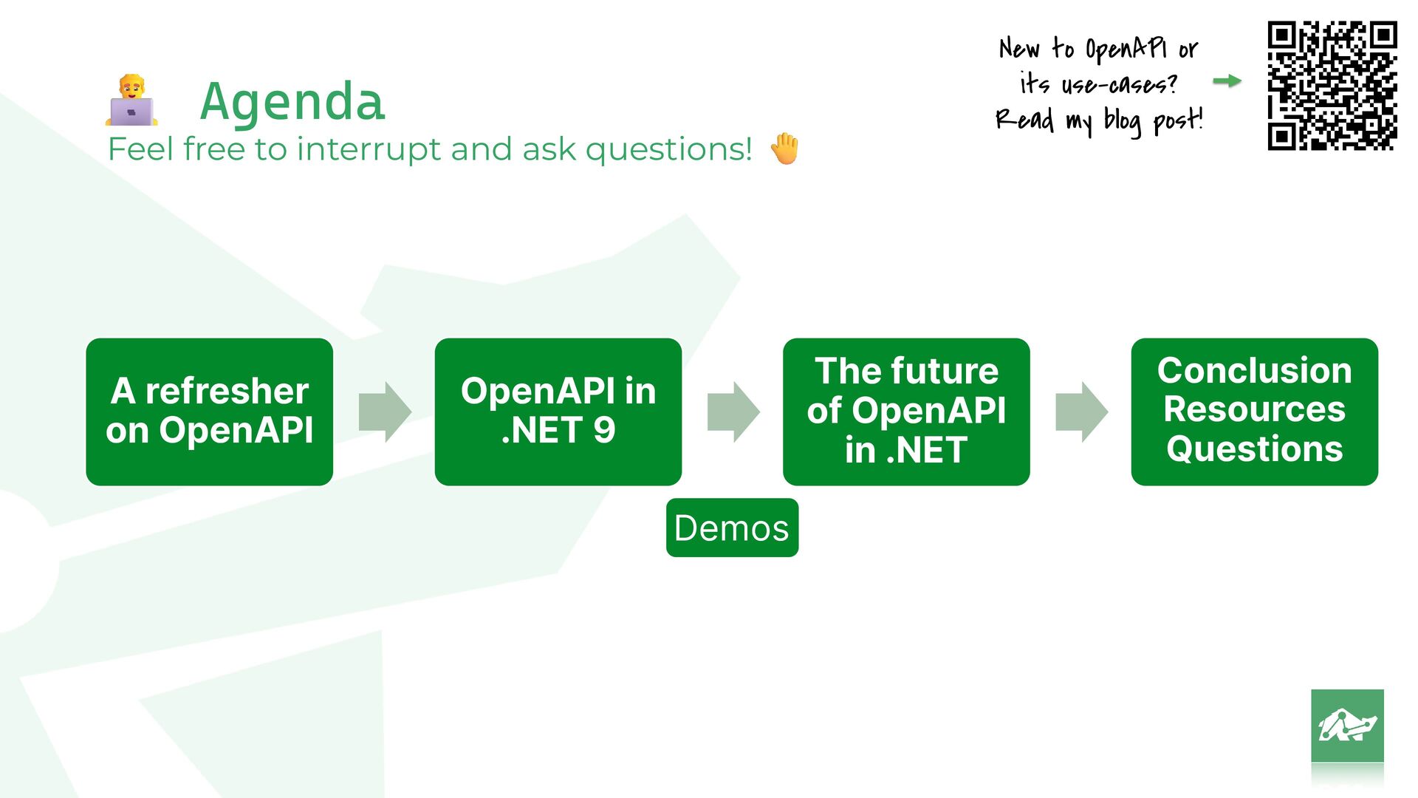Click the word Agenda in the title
(292, 101)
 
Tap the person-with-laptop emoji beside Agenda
(131, 100)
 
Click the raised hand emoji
(784, 149)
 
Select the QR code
(1332, 86)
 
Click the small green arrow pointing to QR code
(1227, 81)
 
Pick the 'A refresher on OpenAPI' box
(210, 412)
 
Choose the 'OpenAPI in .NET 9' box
(558, 412)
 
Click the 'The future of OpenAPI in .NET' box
(906, 412)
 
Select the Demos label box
(732, 528)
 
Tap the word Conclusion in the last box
(1255, 370)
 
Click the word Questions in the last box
(1255, 449)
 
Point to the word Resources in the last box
(1255, 409)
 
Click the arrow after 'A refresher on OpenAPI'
(385, 412)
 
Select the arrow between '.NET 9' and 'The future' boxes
(733, 412)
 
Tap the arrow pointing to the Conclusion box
(1082, 412)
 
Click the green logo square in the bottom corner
(1347, 726)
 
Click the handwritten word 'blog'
(1123, 121)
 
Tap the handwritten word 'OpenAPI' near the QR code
(1126, 50)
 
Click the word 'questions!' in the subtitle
(668, 150)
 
